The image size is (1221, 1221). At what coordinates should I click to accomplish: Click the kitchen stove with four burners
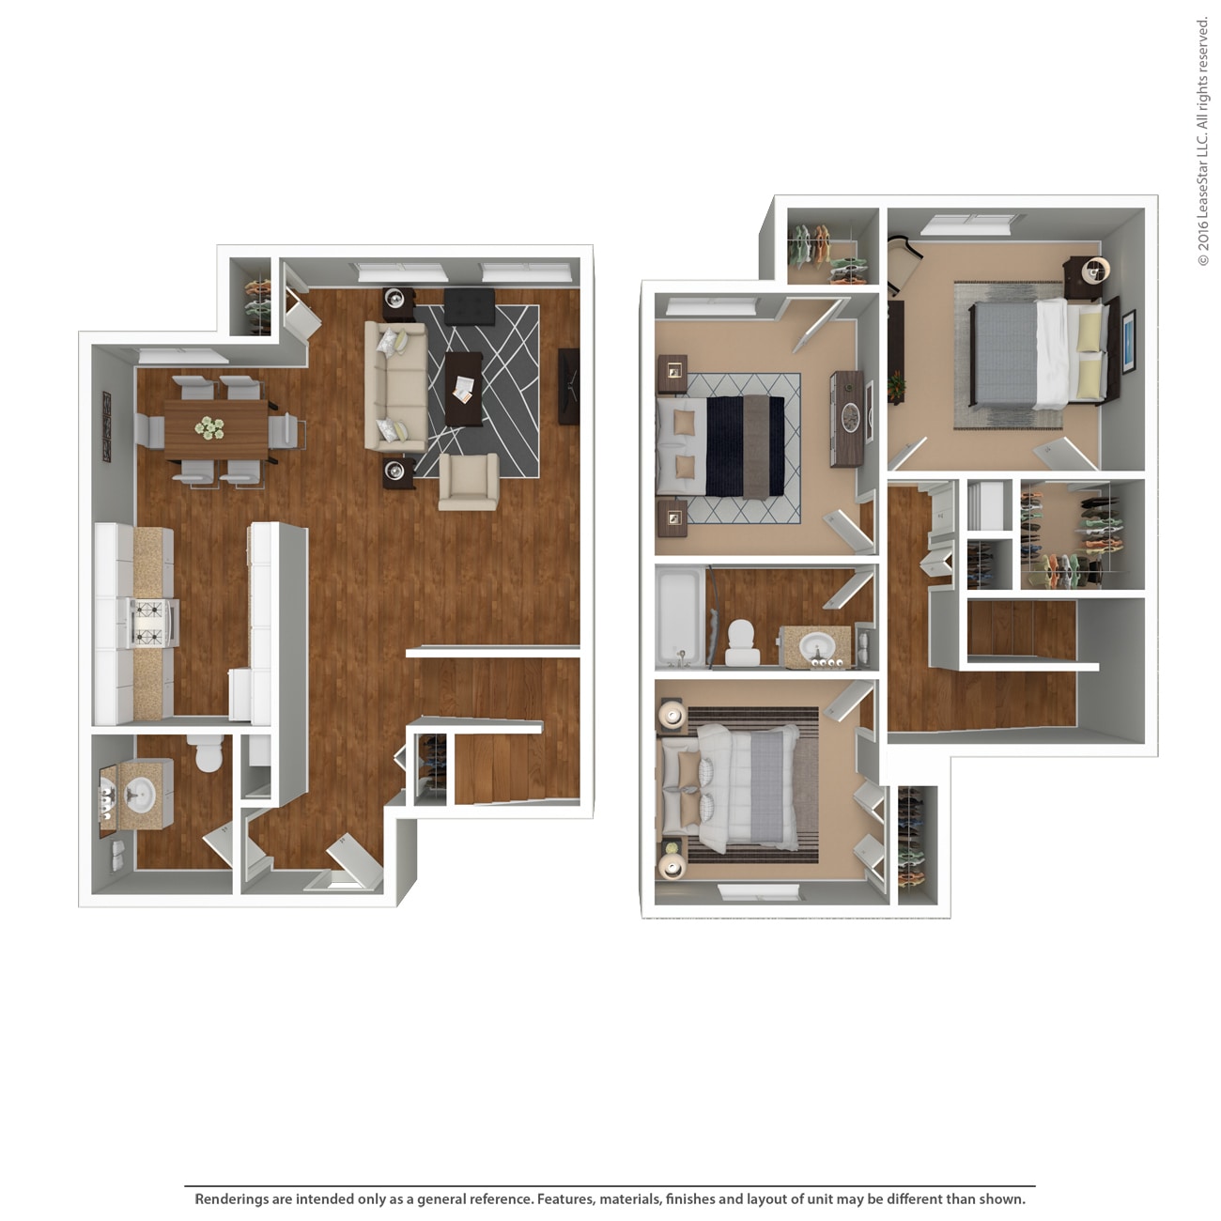147,624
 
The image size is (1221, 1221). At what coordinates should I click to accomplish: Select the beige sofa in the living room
395,387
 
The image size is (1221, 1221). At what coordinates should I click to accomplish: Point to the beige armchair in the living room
468,482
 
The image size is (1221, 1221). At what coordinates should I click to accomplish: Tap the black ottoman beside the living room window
469,306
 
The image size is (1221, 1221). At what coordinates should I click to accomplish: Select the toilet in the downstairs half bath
204,751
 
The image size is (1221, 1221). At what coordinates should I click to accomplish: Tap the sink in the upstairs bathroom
815,646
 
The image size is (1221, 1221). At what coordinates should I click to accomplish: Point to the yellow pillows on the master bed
1090,354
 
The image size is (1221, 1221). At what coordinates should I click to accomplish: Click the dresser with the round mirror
847,417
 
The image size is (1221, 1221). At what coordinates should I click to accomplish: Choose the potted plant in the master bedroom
896,385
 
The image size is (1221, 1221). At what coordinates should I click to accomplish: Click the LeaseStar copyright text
1203,141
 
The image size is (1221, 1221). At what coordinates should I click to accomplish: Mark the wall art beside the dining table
106,427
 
